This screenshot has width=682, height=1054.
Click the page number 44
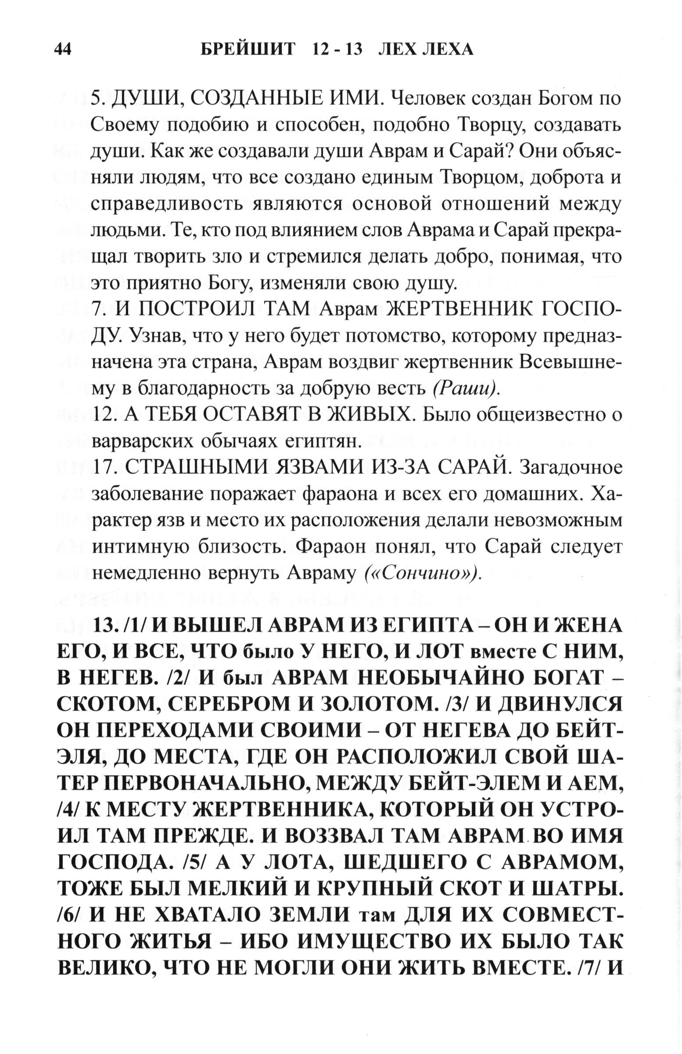point(62,49)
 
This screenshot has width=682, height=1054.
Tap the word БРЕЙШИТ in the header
point(248,49)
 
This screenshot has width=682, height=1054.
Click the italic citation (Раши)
point(465,388)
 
